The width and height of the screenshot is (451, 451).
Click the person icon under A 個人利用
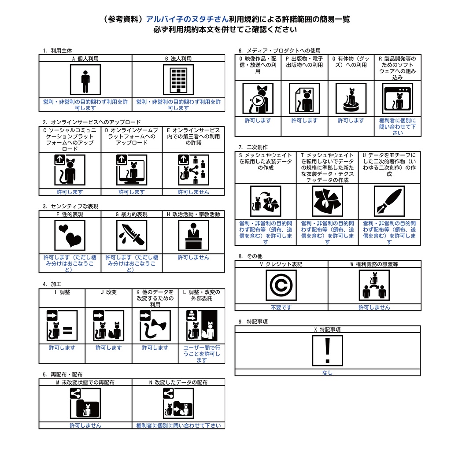pyautogui.click(x=85, y=79)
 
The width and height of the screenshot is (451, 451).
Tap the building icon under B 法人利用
pyautogui.click(x=178, y=79)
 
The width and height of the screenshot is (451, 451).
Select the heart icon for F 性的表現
pyautogui.click(x=70, y=235)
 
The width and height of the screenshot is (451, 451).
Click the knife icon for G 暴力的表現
pyautogui.click(x=131, y=235)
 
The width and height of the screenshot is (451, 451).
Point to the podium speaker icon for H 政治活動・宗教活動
pyautogui.click(x=193, y=235)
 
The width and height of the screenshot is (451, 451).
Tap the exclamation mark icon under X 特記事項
pyautogui.click(x=327, y=351)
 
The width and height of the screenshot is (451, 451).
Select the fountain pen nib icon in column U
pyautogui.click(x=389, y=201)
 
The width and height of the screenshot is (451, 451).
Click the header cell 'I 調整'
pyautogui.click(x=62, y=292)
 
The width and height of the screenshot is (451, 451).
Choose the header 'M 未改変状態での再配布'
pyautogui.click(x=85, y=383)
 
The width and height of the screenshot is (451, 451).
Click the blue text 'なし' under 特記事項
pyautogui.click(x=327, y=373)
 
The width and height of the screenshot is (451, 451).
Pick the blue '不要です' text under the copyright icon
pyautogui.click(x=281, y=307)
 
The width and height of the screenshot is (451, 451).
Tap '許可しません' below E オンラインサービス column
pyautogui.click(x=193, y=192)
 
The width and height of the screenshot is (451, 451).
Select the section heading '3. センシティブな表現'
pyautogui.click(x=70, y=206)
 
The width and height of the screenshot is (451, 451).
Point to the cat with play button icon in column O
pyautogui.click(x=258, y=99)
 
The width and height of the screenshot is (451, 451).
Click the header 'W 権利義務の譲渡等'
pyautogui.click(x=374, y=264)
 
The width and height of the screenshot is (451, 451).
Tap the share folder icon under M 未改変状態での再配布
pyautogui.click(x=85, y=403)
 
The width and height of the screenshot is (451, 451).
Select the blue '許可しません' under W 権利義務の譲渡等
pyautogui.click(x=374, y=307)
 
